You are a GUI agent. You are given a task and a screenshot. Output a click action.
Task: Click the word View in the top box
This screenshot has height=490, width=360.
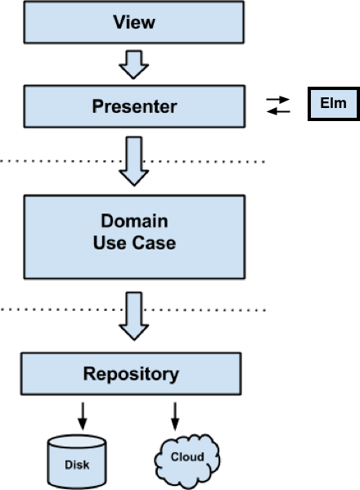[134, 22]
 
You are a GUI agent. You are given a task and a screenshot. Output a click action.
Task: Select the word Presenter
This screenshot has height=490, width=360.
[134, 106]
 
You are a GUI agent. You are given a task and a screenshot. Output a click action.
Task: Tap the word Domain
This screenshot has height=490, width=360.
[134, 221]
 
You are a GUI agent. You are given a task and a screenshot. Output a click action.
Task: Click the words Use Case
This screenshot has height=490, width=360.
[134, 243]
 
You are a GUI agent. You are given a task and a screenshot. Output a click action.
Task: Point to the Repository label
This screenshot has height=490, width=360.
[131, 374]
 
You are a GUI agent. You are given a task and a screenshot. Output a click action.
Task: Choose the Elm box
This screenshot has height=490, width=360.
[334, 104]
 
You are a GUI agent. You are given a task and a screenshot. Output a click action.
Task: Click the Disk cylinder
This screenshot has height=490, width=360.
[77, 461]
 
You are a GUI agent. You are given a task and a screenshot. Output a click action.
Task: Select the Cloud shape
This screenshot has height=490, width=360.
[187, 461]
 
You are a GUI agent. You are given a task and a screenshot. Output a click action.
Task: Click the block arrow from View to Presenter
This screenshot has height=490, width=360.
[133, 65]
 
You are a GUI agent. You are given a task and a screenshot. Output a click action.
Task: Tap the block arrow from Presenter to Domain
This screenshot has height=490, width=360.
[133, 161]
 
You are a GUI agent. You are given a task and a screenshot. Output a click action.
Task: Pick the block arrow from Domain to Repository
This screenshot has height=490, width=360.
[133, 316]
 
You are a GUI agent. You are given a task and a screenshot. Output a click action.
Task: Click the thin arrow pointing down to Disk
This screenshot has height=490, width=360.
[83, 416]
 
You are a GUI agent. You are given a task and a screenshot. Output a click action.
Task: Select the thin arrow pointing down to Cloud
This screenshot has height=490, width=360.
[175, 416]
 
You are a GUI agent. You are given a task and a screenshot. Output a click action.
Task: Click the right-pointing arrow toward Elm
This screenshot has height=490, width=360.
[278, 100]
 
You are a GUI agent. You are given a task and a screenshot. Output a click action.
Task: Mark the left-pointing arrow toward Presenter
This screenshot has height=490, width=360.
[278, 111]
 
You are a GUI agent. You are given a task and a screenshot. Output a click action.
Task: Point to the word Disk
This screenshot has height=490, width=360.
[77, 465]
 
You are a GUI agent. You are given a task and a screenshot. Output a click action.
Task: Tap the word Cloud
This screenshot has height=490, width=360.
[187, 457]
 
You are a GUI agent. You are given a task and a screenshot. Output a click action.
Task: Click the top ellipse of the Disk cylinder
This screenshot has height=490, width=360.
[77, 442]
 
